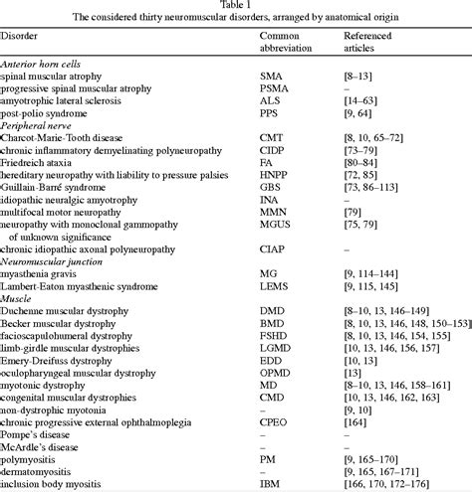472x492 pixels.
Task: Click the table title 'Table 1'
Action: (236, 7)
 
